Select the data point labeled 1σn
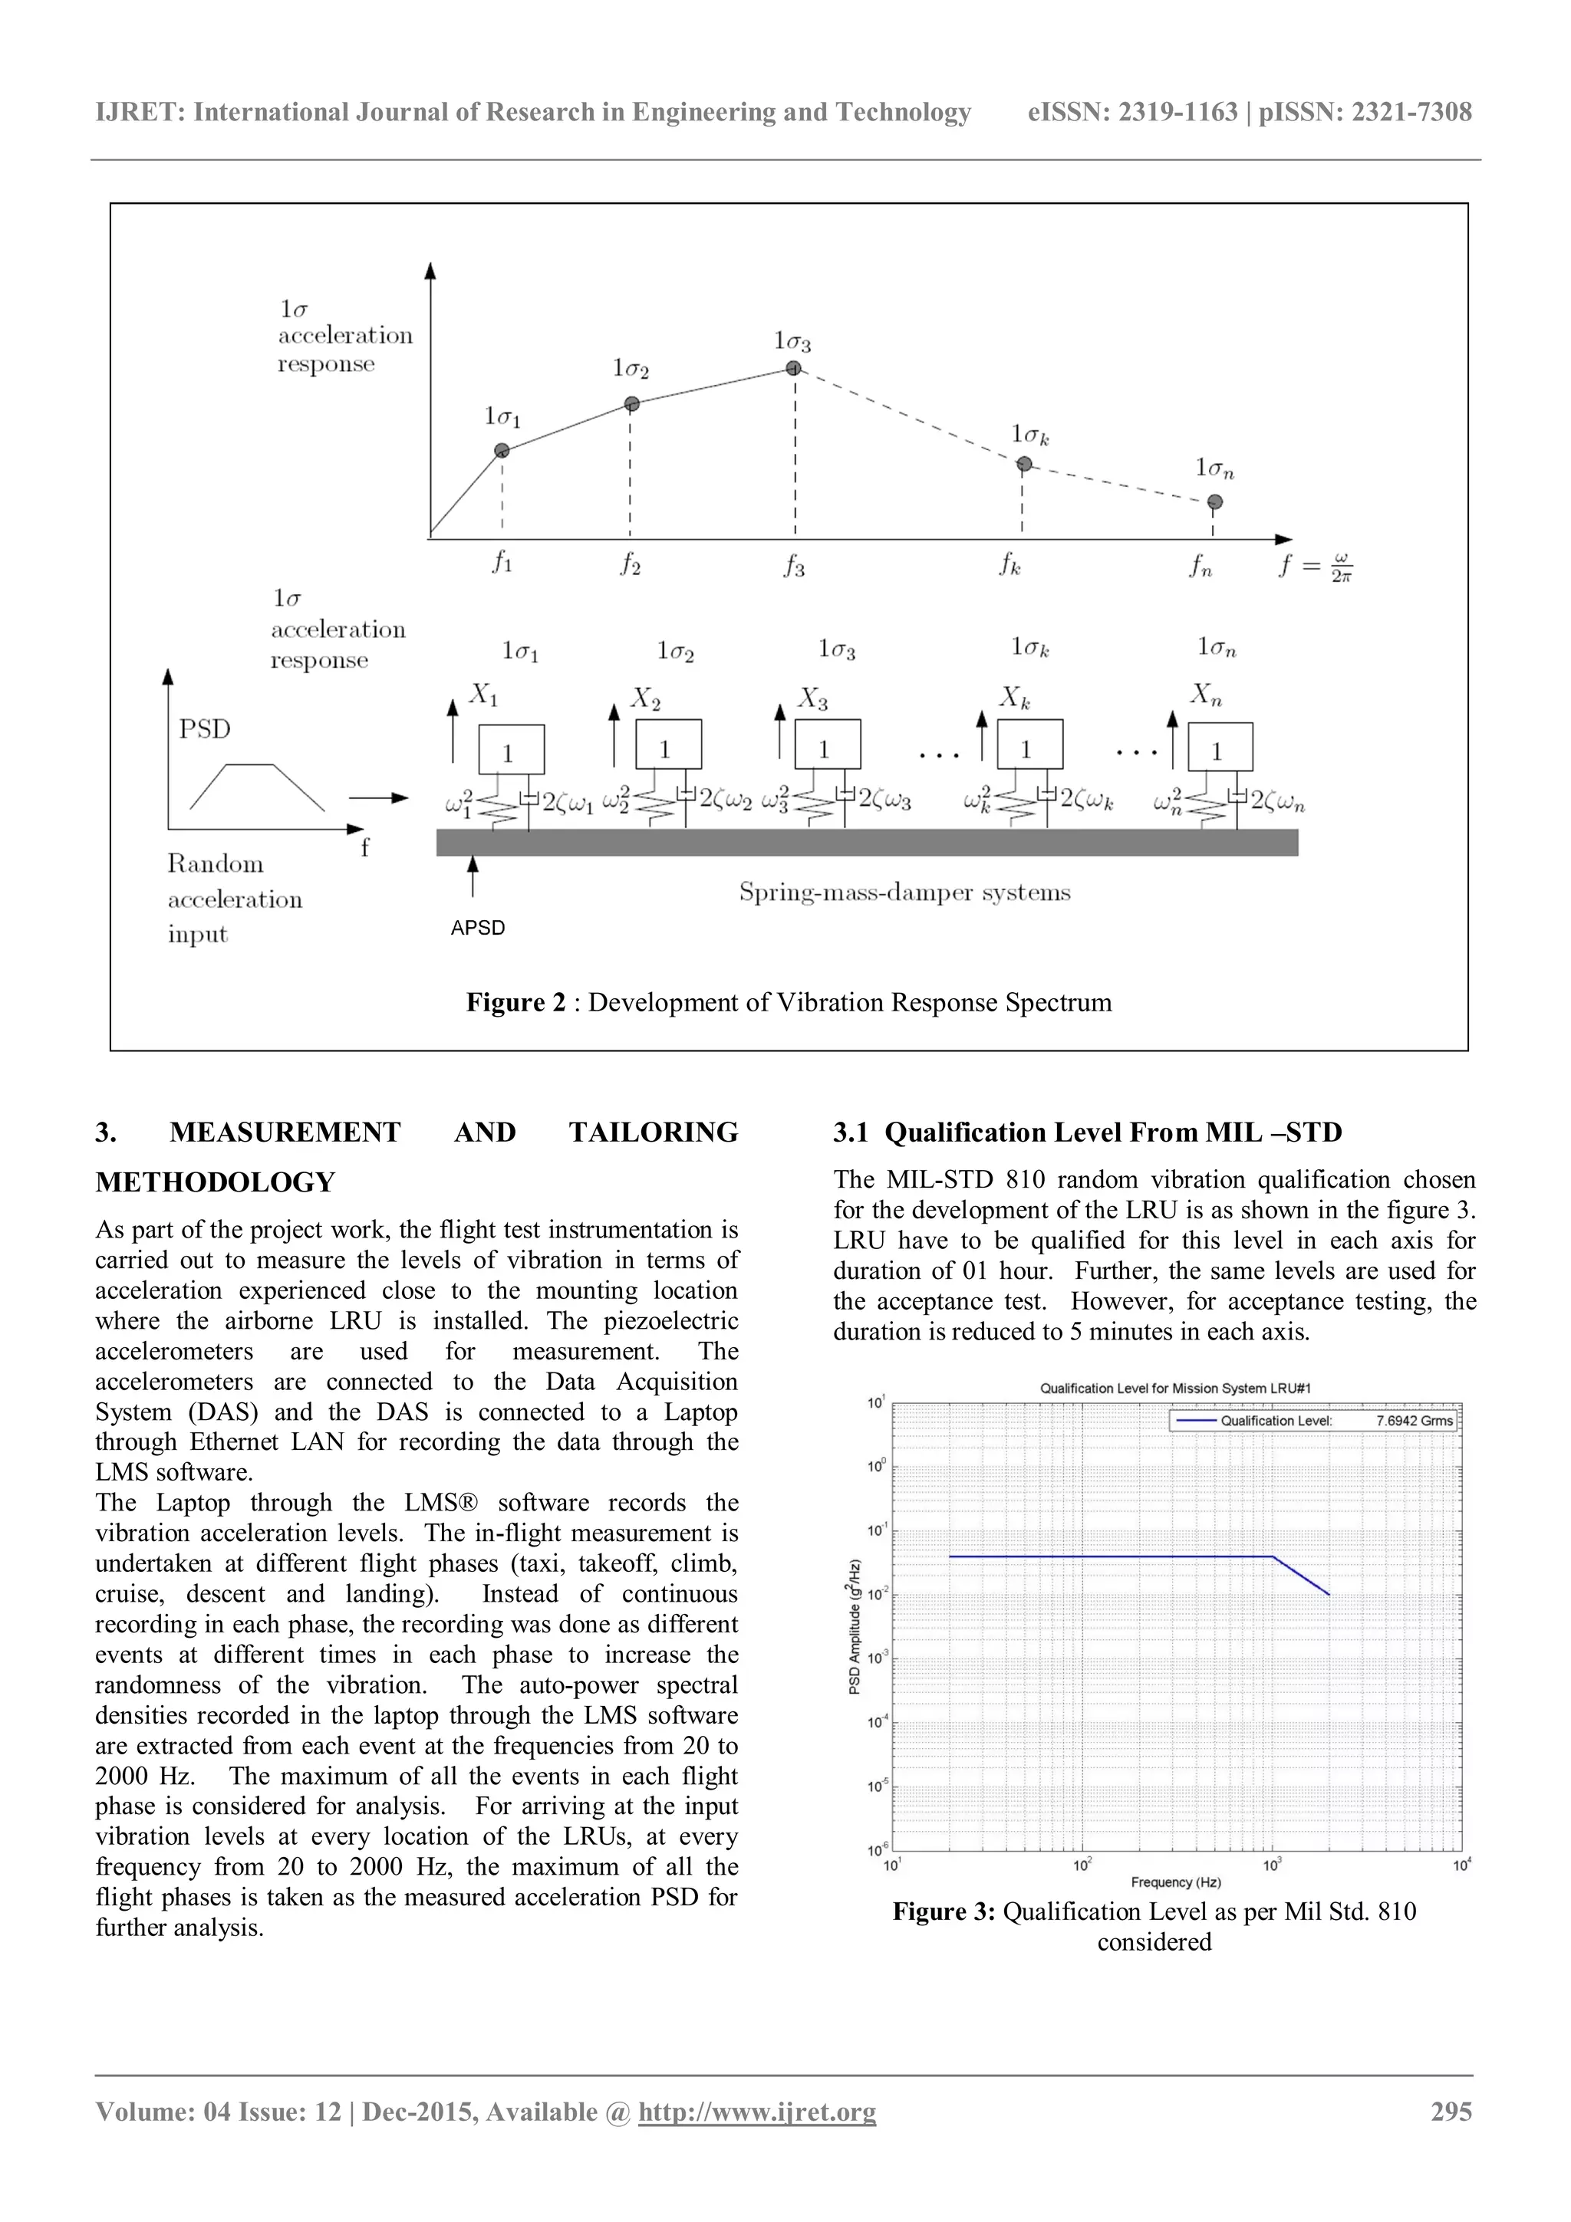(1215, 501)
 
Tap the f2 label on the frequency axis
(630, 564)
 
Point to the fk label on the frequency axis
(1009, 564)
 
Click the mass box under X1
(511, 751)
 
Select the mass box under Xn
(1220, 750)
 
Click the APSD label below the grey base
(477, 927)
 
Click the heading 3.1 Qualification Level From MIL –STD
(1087, 1132)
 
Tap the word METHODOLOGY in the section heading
(215, 1182)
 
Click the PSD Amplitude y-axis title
(855, 1625)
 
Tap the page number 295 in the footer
(1451, 2112)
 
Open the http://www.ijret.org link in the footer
(757, 2112)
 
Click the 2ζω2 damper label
(725, 800)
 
